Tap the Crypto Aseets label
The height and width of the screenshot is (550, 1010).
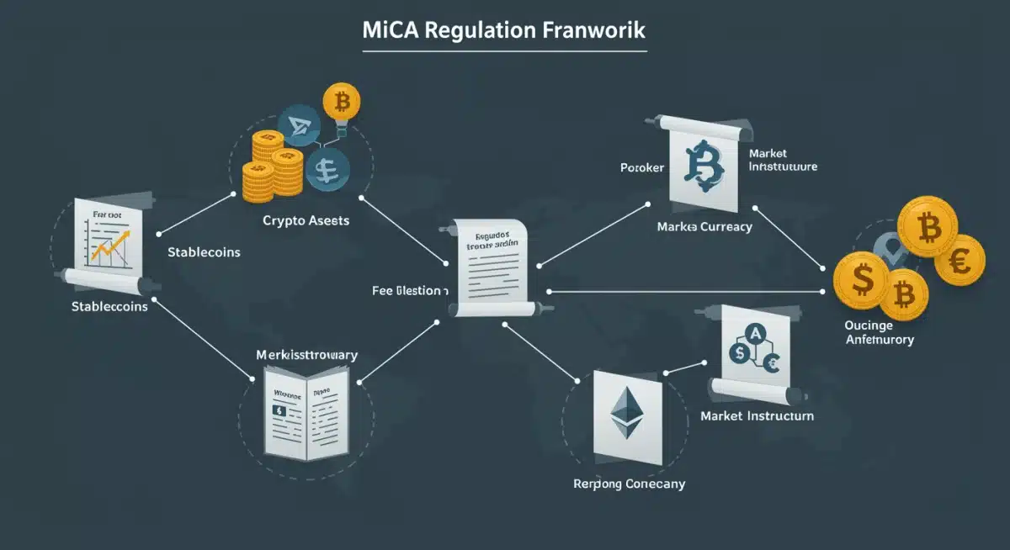306,220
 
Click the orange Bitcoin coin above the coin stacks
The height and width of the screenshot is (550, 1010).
341,101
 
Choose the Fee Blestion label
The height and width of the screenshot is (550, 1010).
410,290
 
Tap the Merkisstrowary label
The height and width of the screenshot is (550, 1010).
306,355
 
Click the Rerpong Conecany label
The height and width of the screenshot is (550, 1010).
629,484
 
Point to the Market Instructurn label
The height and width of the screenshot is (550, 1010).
757,416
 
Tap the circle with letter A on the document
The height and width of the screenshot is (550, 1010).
756,334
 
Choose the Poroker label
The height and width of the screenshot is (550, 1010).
642,167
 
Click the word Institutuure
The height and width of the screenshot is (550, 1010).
783,167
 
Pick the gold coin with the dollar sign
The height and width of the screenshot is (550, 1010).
863,281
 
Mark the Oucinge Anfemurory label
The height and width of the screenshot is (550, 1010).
878,332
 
